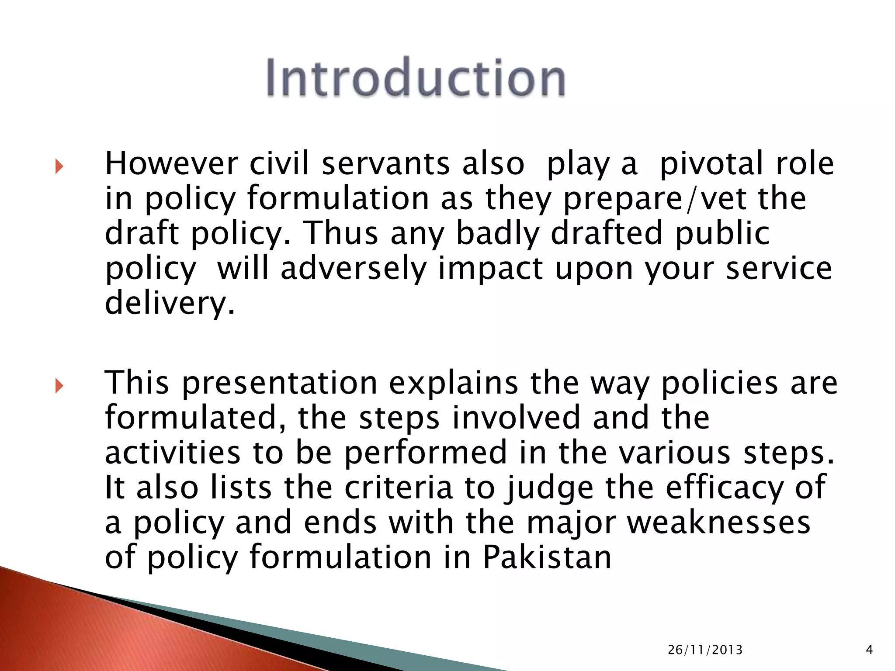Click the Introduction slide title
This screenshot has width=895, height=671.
pyautogui.click(x=416, y=78)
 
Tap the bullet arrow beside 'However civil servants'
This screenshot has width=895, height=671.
pyautogui.click(x=59, y=166)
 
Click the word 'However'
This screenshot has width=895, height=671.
pyautogui.click(x=172, y=163)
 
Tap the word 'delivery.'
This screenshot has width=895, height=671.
pyautogui.click(x=170, y=304)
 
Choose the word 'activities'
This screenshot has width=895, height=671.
pyautogui.click(x=173, y=453)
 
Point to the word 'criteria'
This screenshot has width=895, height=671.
pyautogui.click(x=399, y=488)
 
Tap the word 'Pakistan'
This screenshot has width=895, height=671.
pyautogui.click(x=547, y=558)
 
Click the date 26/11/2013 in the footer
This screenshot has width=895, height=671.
pyautogui.click(x=705, y=650)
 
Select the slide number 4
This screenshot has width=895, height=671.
pyautogui.click(x=869, y=650)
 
